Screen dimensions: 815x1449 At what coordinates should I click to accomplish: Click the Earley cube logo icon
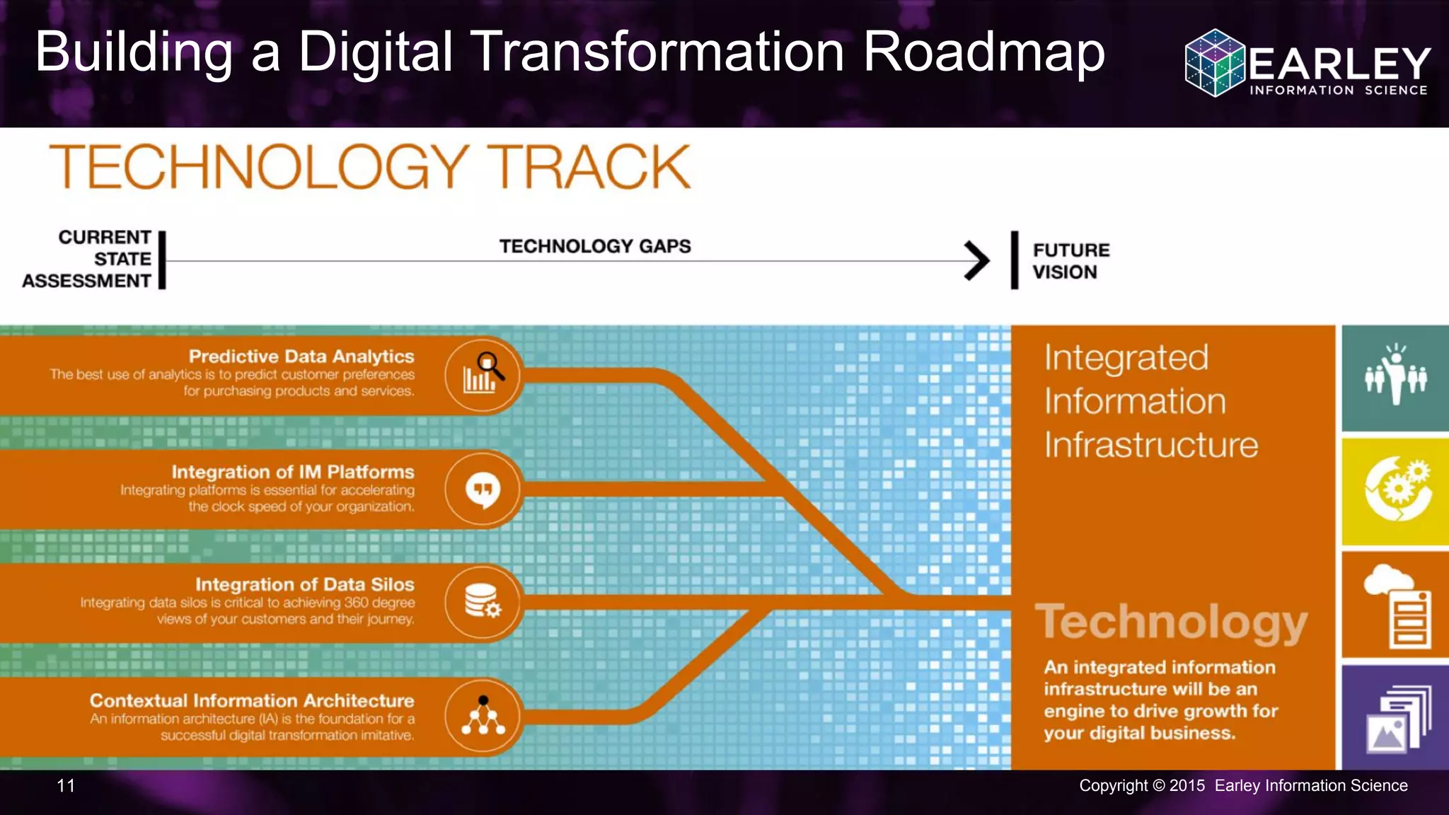click(1215, 62)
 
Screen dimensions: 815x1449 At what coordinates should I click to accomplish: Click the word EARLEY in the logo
click(1339, 64)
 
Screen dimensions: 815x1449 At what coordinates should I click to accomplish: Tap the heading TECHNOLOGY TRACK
click(370, 167)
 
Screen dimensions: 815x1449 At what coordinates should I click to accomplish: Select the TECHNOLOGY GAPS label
click(595, 246)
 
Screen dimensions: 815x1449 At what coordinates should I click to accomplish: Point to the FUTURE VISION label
click(1070, 261)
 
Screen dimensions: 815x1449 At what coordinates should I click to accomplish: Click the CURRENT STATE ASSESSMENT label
click(88, 259)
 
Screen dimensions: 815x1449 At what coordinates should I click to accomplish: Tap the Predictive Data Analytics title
click(301, 357)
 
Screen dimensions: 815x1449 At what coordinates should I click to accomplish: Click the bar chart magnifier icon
click(483, 374)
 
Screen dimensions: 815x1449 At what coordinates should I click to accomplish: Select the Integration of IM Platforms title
click(293, 472)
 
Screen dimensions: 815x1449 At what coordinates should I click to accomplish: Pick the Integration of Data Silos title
click(305, 584)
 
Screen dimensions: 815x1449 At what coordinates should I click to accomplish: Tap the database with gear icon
click(483, 602)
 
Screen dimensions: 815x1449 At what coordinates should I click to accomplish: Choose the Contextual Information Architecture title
click(252, 700)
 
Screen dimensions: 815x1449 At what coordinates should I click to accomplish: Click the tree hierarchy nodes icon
click(483, 716)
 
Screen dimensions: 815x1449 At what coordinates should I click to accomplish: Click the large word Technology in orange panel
click(1171, 623)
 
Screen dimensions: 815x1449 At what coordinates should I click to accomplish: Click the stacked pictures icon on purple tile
click(1398, 719)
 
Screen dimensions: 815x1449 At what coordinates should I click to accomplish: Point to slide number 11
click(66, 785)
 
